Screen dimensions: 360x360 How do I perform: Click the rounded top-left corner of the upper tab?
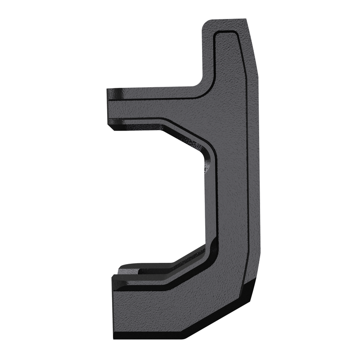(x=206, y=23)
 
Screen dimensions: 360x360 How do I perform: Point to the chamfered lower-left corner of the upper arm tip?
(x=110, y=126)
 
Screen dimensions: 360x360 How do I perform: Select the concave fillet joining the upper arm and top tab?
(x=198, y=83)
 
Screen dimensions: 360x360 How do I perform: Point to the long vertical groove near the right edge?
(x=247, y=180)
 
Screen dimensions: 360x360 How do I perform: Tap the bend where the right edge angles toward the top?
(x=256, y=63)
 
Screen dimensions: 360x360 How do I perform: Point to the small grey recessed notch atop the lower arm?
(x=128, y=271)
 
